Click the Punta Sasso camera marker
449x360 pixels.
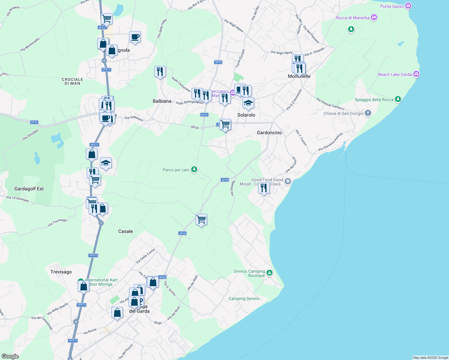408,6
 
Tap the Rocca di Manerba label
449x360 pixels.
352,18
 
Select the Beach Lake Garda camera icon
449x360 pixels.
416,74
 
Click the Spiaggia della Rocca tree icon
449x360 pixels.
398,99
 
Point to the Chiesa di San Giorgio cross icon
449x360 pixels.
368,113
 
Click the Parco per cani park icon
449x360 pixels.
194,169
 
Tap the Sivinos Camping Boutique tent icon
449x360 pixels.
270,273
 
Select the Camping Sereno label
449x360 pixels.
244,298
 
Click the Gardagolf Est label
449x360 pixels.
29,189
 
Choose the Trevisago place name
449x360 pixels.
61,272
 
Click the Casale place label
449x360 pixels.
125,231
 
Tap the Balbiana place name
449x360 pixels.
162,101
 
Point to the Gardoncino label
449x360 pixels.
269,133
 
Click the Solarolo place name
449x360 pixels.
246,115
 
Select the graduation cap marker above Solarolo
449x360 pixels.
248,103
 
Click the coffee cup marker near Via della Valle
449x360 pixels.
135,37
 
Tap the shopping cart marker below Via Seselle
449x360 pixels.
201,220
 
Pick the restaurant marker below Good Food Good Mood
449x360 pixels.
264,188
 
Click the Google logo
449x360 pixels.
10,356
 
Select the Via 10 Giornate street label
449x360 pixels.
18,199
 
